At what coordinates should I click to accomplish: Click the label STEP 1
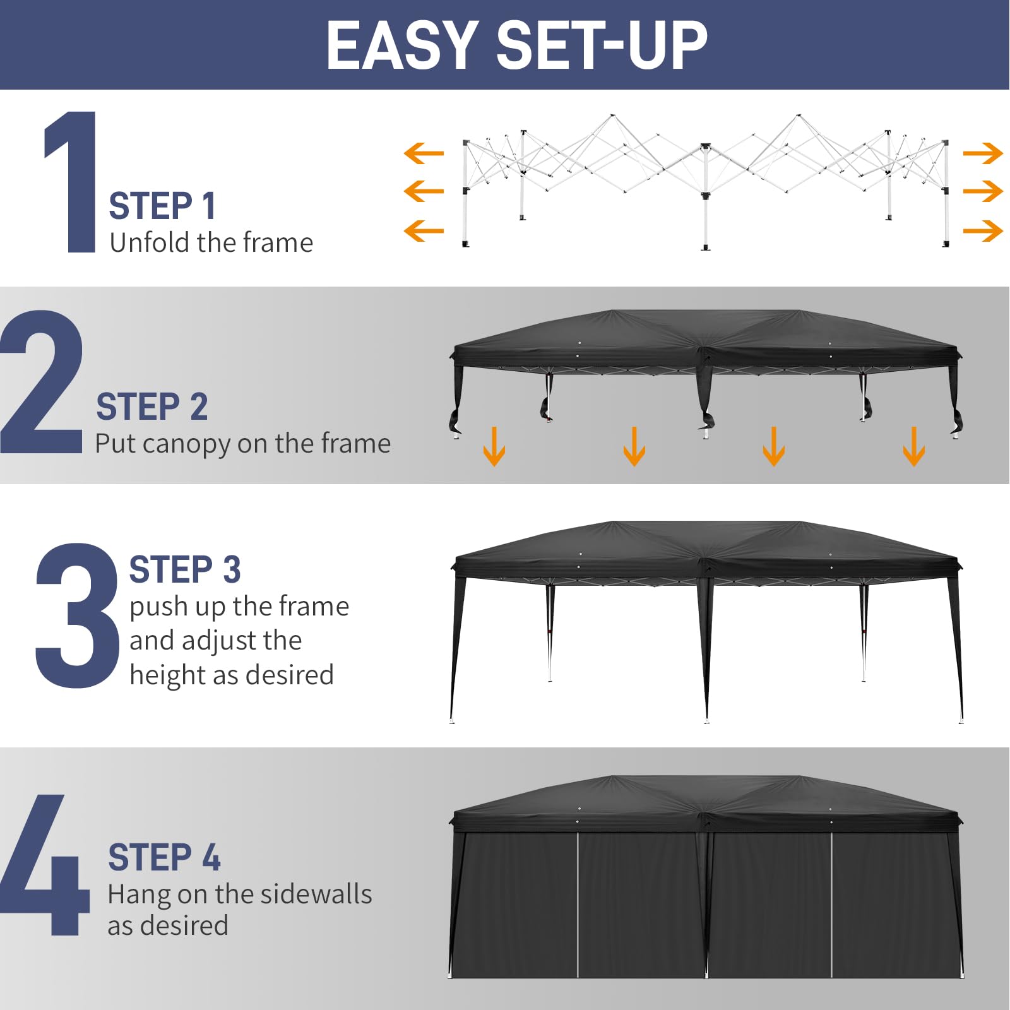pyautogui.click(x=162, y=206)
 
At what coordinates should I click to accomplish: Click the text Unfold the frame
pyautogui.click(x=211, y=243)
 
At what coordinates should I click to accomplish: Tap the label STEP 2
pyautogui.click(x=151, y=407)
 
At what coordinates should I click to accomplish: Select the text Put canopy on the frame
pyautogui.click(x=242, y=444)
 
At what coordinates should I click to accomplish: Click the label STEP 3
pyautogui.click(x=185, y=569)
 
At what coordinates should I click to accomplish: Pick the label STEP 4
pyautogui.click(x=164, y=857)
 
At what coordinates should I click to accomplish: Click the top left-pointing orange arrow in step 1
pyautogui.click(x=424, y=153)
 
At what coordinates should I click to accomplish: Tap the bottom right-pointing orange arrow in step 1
pyautogui.click(x=983, y=230)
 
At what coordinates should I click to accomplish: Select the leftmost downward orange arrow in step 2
pyautogui.click(x=494, y=446)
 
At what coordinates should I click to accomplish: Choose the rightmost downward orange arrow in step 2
pyautogui.click(x=913, y=446)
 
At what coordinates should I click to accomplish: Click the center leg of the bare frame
pyautogui.click(x=706, y=202)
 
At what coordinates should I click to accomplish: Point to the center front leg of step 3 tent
pyautogui.click(x=705, y=656)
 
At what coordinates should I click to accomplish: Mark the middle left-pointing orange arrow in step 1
pyautogui.click(x=424, y=191)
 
